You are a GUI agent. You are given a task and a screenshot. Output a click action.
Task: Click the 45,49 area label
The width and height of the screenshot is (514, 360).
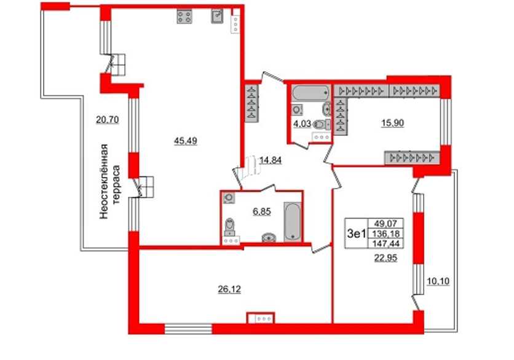186,141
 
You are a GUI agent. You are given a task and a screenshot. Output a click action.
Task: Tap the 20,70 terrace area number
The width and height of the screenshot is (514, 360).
107,120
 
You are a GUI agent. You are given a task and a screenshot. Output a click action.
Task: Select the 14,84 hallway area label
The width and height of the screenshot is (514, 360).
270,160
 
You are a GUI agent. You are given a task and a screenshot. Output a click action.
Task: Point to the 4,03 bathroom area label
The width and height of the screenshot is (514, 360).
302,124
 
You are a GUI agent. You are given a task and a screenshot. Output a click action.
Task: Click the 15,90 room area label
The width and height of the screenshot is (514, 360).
392,123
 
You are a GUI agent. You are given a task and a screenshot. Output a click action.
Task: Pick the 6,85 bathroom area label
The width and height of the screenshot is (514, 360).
261,211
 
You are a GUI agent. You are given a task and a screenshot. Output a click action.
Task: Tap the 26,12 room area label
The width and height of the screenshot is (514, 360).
229,289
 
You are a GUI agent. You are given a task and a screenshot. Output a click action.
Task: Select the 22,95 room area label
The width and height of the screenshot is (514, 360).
386,258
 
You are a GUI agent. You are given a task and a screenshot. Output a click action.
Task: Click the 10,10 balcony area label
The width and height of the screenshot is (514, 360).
438,281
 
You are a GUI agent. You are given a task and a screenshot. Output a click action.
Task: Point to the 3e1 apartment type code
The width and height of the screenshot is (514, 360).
357,233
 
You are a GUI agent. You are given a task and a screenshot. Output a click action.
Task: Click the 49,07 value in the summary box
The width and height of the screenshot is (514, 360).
386,224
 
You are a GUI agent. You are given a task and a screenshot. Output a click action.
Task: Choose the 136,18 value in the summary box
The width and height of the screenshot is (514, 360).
386,233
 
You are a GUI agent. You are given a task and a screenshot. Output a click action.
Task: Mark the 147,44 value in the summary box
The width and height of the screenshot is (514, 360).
386,243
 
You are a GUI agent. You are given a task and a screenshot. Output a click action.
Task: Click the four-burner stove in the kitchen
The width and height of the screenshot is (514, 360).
184,17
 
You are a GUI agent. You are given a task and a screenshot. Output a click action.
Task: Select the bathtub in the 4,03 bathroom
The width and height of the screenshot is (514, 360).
310,93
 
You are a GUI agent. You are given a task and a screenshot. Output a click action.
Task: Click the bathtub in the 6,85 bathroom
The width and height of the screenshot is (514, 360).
293,222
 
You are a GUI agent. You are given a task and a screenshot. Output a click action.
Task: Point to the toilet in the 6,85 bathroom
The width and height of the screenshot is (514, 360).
230,227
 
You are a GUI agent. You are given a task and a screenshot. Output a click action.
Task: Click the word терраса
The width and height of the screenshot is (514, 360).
116,184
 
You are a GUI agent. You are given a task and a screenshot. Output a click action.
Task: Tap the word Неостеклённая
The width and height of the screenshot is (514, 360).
104,181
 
